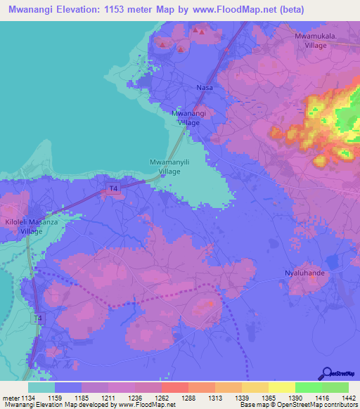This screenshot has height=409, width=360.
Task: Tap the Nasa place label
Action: click(x=204, y=88)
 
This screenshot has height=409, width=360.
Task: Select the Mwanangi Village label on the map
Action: click(x=188, y=117)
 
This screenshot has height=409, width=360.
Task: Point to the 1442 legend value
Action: click(x=347, y=398)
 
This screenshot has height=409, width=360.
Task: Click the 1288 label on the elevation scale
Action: click(x=188, y=398)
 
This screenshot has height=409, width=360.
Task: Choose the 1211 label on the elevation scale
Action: click(x=108, y=398)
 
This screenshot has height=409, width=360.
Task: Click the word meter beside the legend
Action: click(x=9, y=398)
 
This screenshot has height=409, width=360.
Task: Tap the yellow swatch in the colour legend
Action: click(x=281, y=387)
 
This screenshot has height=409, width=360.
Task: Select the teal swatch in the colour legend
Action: click(x=41, y=387)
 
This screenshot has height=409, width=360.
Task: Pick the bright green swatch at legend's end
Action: click(x=335, y=387)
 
